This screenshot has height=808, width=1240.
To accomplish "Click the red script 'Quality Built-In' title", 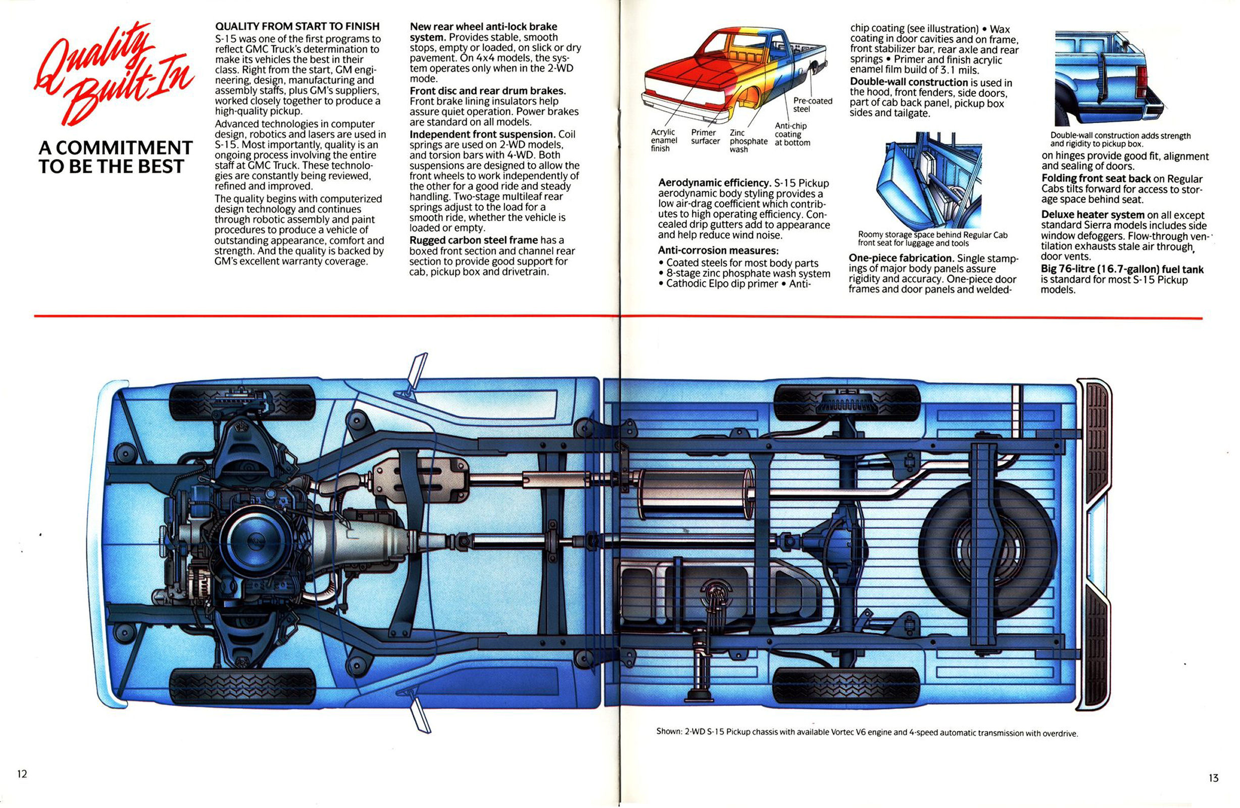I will click(112, 72).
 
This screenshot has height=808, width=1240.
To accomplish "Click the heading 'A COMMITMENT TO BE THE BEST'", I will click(115, 157).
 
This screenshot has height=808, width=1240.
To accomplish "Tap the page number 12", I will click(22, 774).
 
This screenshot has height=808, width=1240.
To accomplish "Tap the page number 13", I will click(1213, 778).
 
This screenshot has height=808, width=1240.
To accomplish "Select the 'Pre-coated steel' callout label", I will click(812, 105).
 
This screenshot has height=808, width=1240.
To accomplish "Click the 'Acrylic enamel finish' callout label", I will click(663, 140).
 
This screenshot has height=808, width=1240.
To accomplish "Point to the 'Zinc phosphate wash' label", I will click(748, 141).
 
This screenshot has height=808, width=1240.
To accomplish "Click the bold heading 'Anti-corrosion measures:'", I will click(718, 250).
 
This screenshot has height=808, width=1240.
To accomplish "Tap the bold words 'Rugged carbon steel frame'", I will click(474, 240).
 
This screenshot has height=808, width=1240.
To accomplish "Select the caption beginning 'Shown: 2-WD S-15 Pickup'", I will click(866, 732).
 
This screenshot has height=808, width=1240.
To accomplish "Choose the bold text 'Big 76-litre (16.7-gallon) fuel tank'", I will click(1122, 269).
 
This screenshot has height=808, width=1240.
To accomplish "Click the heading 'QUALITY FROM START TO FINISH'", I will click(297, 26).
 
